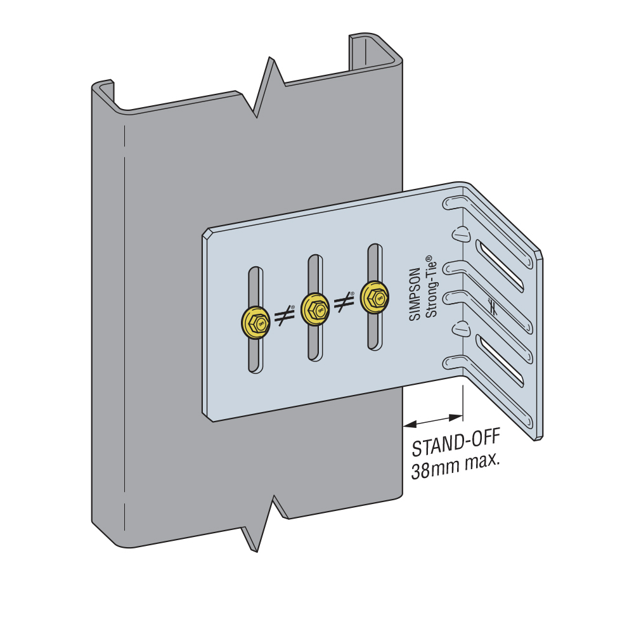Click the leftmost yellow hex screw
coord(256,323)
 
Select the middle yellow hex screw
coord(315,309)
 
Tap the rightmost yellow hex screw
coord(375,297)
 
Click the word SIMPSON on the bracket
coord(415,294)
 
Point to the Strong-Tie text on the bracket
coord(431,287)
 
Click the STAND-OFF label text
coord(456,442)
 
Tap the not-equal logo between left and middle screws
coord(284,315)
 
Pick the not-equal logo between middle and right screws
coord(344,302)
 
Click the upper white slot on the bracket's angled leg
coord(500,266)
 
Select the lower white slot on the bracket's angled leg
coord(500,360)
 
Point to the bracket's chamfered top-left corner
coord(207,234)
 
